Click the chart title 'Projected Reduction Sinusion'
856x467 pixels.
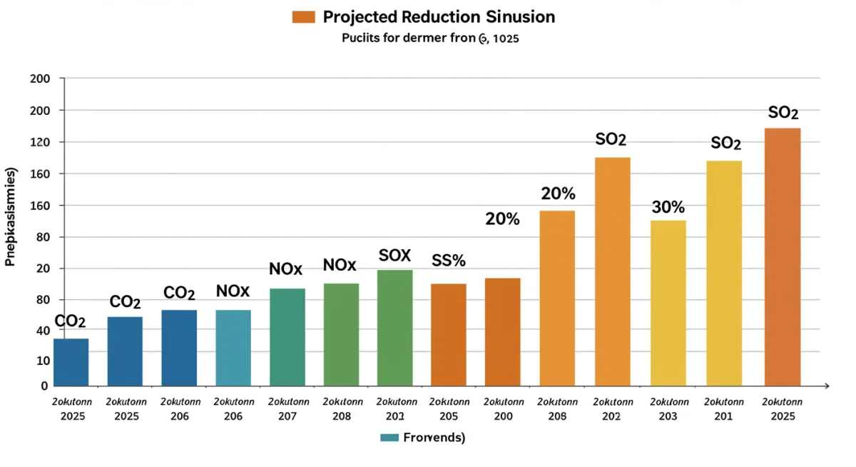[x=439, y=16]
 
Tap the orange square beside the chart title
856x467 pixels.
[x=304, y=16]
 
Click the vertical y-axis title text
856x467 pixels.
[x=11, y=217]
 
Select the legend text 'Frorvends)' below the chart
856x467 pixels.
[x=434, y=437]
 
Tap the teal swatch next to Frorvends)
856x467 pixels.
[x=389, y=437]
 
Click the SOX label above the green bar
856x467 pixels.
[x=394, y=255]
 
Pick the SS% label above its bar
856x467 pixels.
[x=449, y=261]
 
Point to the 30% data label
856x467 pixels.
[x=668, y=208]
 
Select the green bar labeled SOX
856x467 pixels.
[x=394, y=328]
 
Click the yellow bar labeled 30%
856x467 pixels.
[x=668, y=303]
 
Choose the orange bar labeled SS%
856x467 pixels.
[x=449, y=335]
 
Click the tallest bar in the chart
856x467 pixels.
[x=783, y=257]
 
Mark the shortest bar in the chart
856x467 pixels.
[x=71, y=362]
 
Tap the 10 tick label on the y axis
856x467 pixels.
[x=41, y=361]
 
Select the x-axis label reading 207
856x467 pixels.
[x=287, y=416]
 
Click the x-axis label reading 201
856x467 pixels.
[x=723, y=416]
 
